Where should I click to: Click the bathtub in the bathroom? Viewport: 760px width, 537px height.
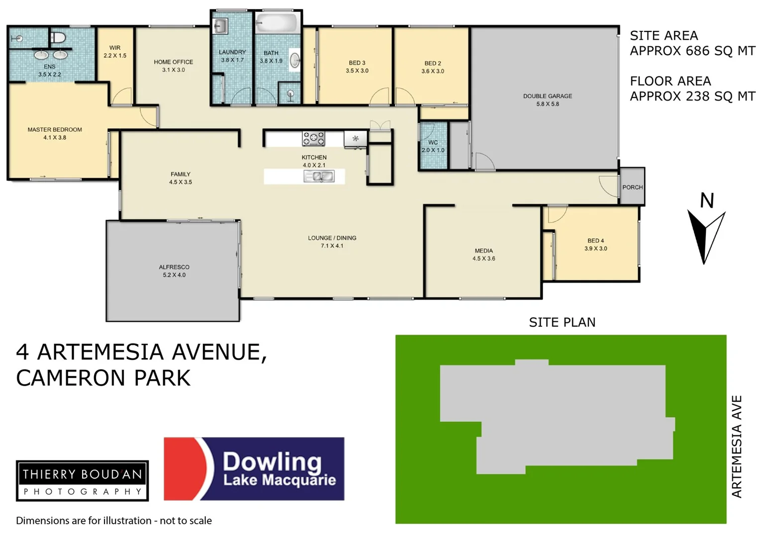[277, 23]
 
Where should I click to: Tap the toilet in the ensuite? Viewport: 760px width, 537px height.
[58, 37]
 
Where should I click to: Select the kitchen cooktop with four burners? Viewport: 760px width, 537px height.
[314, 138]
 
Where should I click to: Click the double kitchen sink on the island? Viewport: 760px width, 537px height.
[319, 176]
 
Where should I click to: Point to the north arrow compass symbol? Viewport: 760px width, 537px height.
[706, 234]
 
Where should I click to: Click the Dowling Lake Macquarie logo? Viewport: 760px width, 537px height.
[254, 468]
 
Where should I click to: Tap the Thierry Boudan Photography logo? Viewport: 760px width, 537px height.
[83, 480]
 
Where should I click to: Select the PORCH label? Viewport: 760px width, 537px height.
[632, 187]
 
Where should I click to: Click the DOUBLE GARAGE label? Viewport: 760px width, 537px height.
[547, 96]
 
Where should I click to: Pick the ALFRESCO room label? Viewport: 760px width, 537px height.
[174, 267]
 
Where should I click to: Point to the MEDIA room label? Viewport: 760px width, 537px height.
[483, 251]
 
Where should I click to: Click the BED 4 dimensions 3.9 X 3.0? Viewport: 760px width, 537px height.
[595, 249]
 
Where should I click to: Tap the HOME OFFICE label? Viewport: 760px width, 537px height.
[173, 62]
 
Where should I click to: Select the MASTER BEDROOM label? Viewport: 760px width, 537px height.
[55, 130]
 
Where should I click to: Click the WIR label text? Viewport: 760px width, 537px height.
[115, 48]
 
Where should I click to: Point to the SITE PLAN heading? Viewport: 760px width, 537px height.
[562, 322]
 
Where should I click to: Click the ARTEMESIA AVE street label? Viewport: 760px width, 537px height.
[737, 447]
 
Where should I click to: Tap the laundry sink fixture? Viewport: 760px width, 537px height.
[220, 25]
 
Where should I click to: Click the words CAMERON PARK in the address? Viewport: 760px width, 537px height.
[103, 378]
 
